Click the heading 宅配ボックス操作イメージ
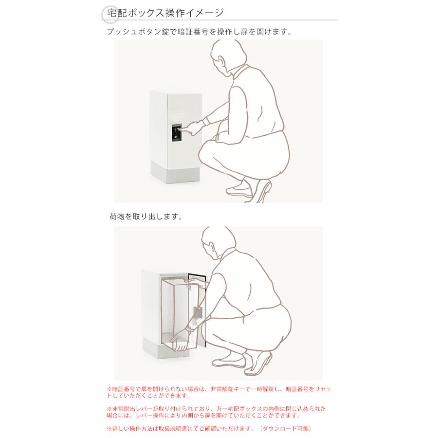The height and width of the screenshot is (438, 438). pos(165,13)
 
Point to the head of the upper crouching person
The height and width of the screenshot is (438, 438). pos(228,58)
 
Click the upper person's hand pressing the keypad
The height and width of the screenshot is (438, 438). pos(193,128)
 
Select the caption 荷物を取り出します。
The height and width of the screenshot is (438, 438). pos(146,217)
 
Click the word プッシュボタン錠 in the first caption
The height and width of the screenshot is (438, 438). pos(138,32)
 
